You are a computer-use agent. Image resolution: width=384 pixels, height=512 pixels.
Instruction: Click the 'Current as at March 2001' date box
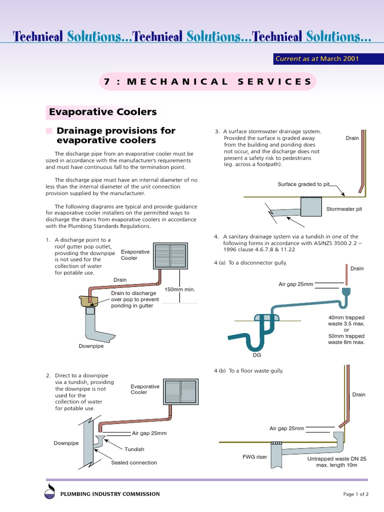pos(316,59)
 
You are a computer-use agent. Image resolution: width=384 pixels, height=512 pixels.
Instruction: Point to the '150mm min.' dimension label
pos(179,289)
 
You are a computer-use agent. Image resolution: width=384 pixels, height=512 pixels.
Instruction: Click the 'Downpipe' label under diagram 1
pos(91,346)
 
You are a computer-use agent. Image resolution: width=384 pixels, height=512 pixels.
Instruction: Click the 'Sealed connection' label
pos(133,462)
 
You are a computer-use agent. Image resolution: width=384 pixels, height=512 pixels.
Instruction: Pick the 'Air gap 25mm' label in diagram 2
pos(149,433)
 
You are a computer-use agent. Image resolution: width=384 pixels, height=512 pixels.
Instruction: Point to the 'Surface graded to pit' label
pos(303,184)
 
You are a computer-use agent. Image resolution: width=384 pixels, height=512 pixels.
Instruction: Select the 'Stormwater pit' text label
pos(344,209)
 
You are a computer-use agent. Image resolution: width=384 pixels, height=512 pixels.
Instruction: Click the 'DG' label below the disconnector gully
pos(257,355)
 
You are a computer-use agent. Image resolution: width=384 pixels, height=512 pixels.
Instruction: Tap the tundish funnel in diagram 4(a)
pos(347,291)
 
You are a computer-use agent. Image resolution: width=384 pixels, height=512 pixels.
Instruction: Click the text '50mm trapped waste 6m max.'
pos(346,339)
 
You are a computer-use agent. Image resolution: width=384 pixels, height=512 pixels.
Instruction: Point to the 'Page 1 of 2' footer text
pos(355,494)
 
